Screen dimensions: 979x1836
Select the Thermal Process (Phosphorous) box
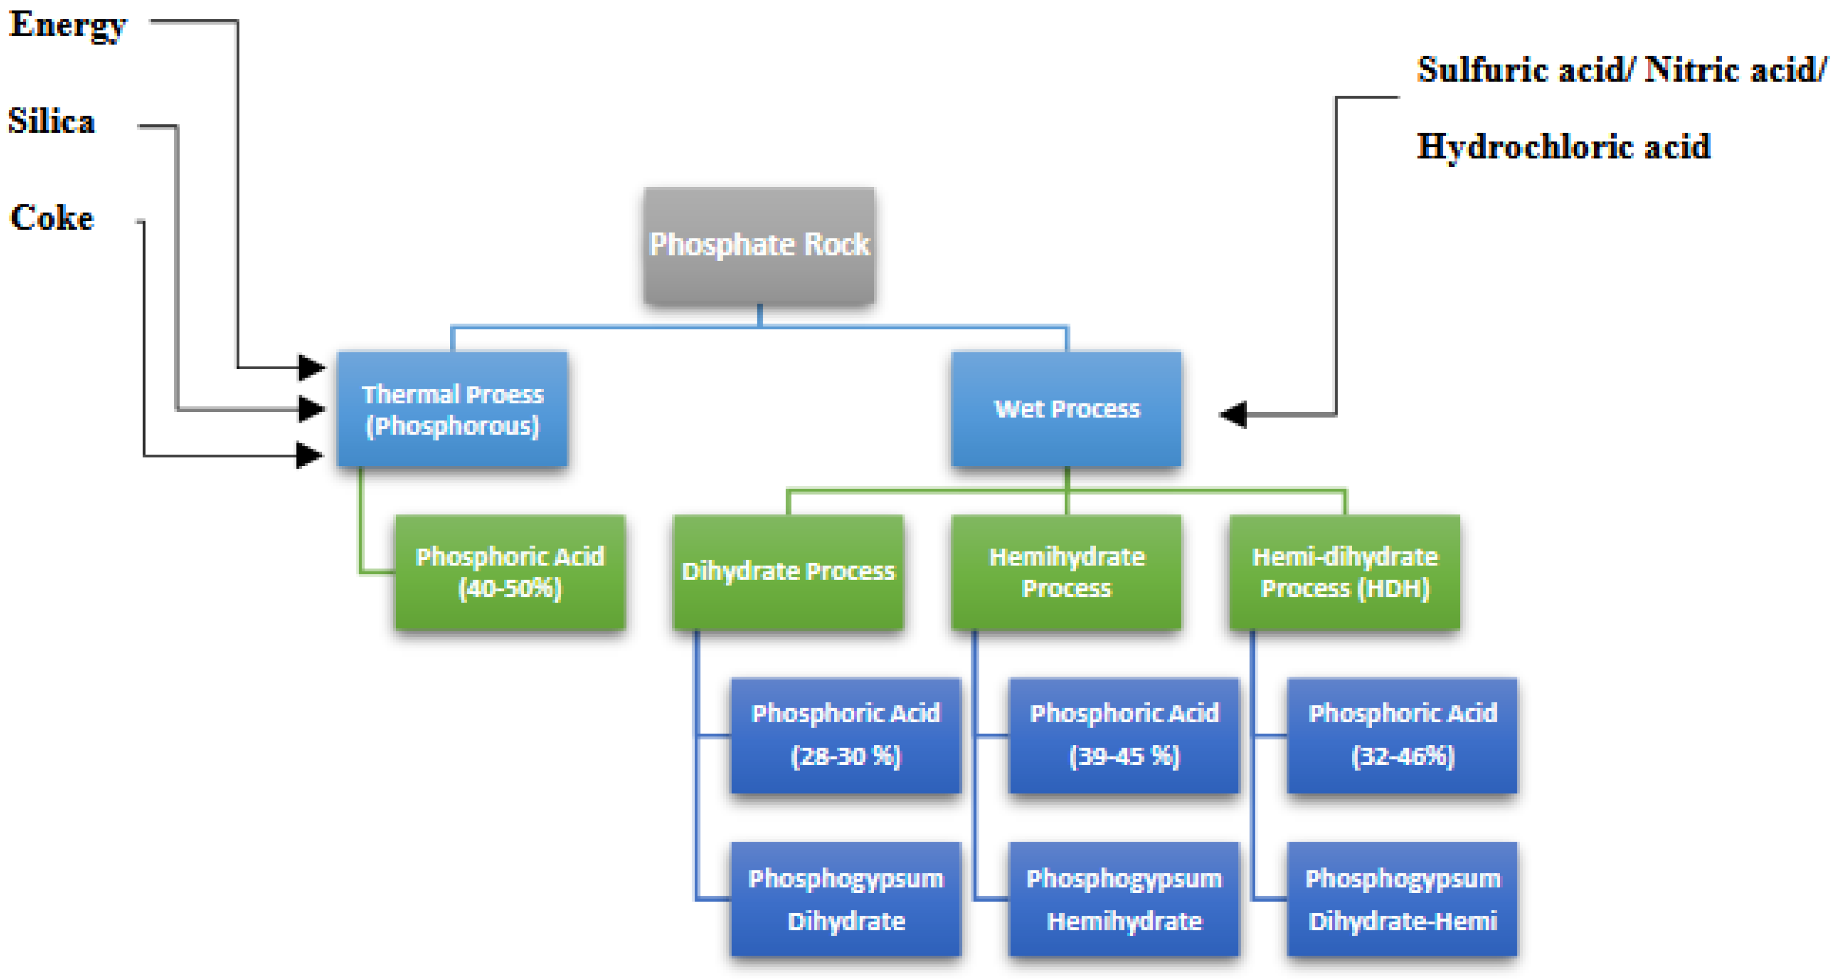point(453,409)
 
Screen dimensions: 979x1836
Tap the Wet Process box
point(1066,409)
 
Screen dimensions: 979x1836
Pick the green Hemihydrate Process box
point(1066,572)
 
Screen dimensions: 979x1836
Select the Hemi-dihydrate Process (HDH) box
point(1345,572)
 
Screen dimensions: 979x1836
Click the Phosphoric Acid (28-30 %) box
point(846,735)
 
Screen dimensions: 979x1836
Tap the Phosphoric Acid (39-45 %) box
point(1124,735)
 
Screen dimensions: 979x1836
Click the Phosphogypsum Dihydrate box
point(846,899)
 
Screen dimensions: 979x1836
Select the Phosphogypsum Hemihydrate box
point(1124,899)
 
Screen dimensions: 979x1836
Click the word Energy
point(68,25)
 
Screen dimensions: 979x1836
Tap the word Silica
point(51,121)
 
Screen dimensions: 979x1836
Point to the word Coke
point(51,217)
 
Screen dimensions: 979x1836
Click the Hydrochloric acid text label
point(1563,147)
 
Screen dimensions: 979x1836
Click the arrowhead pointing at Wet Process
point(1234,414)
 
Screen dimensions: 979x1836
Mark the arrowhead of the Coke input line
point(310,455)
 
